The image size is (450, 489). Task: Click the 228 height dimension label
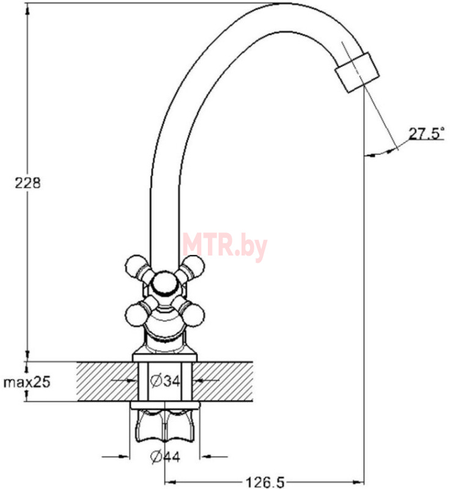[x=28, y=183]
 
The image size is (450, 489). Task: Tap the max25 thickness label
[x=27, y=381]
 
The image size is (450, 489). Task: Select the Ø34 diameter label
[x=165, y=381]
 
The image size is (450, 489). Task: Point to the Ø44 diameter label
[x=165, y=457]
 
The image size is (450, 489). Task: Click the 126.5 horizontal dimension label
[x=265, y=482]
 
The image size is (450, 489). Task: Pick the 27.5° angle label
[x=426, y=133]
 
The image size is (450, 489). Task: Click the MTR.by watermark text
[x=225, y=246]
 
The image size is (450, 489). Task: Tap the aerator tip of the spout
[x=358, y=72]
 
